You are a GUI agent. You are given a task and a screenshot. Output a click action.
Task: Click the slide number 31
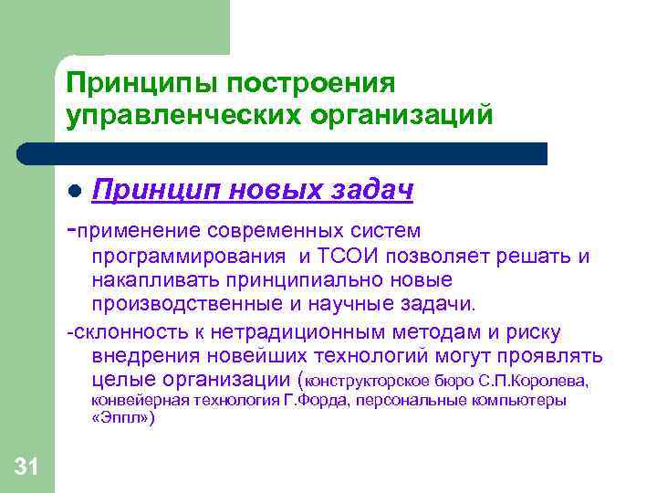26,468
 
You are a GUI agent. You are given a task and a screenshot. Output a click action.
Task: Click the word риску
536,332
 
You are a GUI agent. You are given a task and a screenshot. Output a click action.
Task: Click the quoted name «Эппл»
123,419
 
